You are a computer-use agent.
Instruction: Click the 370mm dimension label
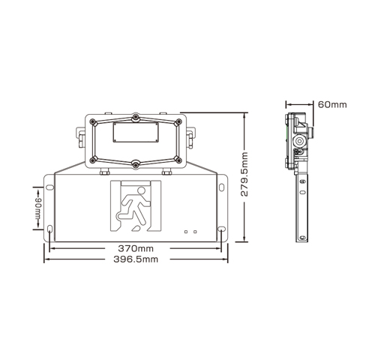click(135, 248)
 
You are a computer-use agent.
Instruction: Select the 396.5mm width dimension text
click(135, 259)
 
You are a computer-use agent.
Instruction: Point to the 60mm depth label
click(331, 103)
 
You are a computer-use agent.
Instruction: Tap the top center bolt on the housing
click(135, 117)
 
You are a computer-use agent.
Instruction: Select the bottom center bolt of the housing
click(135, 164)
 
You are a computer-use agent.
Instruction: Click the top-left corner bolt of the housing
click(91, 121)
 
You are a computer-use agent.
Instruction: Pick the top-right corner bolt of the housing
click(179, 121)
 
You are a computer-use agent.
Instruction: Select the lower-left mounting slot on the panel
click(50, 229)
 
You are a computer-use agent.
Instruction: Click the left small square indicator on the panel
click(186, 232)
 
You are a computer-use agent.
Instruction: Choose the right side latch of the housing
click(190, 136)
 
